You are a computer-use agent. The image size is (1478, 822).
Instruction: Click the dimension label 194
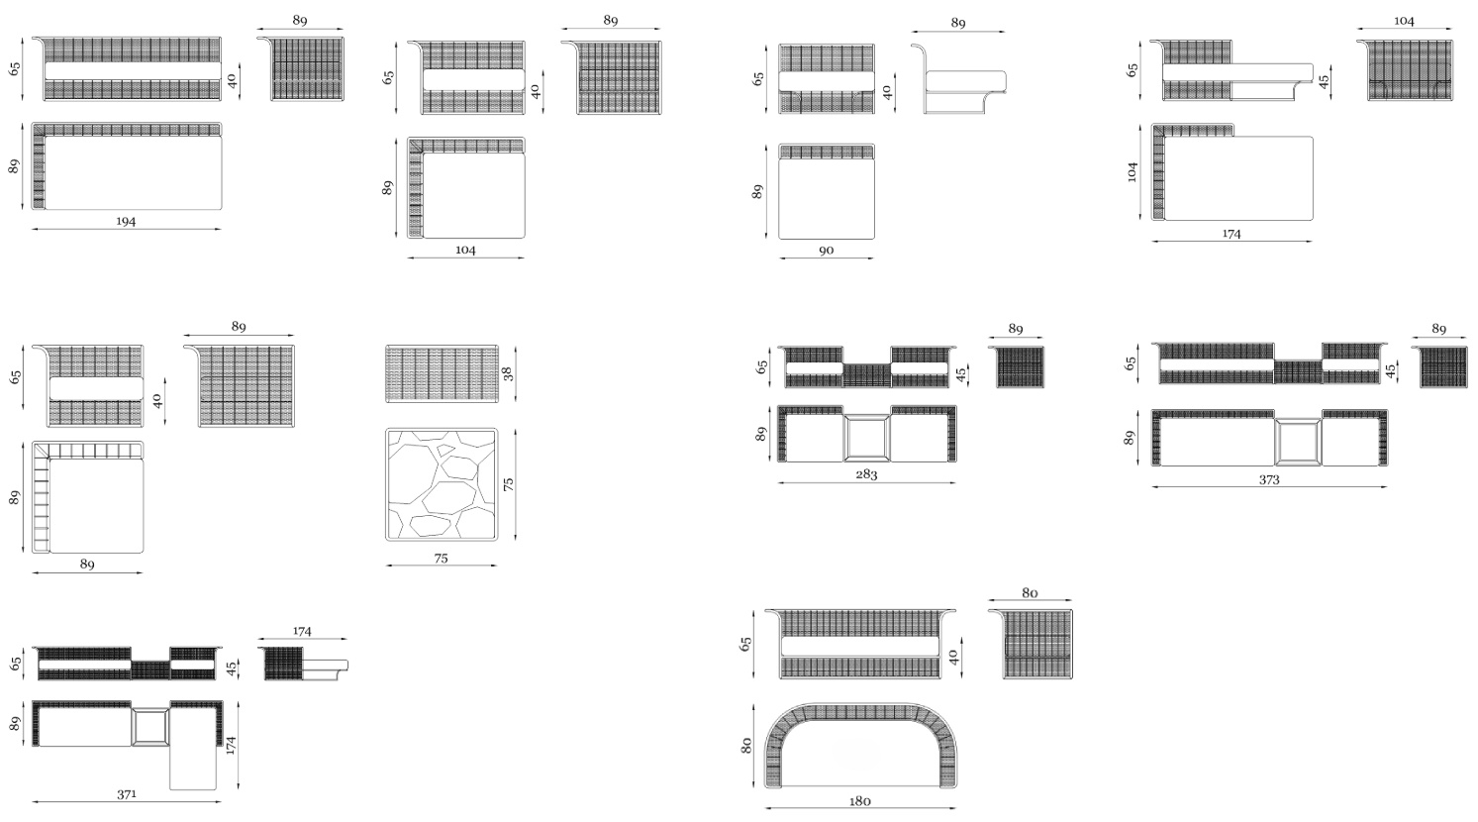click(x=126, y=221)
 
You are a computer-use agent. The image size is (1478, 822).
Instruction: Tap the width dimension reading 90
click(x=826, y=251)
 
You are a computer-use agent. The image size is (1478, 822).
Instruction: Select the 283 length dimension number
click(x=866, y=474)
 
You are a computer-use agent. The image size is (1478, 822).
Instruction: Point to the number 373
click(x=1269, y=479)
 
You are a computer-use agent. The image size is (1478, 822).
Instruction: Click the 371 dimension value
click(x=127, y=794)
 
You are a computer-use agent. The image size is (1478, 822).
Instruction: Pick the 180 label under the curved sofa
click(x=859, y=801)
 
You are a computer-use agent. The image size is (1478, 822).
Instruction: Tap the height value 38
click(x=508, y=373)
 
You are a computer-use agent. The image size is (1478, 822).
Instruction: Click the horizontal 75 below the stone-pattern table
click(x=441, y=559)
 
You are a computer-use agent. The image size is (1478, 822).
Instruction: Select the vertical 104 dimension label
click(x=1133, y=171)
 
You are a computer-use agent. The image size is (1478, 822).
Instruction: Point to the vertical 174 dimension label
click(x=231, y=745)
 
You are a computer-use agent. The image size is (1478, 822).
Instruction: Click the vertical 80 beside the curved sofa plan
click(x=746, y=746)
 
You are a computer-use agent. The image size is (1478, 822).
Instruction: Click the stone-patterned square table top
click(x=442, y=484)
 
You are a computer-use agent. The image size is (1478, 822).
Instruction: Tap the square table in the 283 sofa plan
click(x=866, y=437)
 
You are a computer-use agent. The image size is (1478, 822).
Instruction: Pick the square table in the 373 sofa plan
click(x=1298, y=442)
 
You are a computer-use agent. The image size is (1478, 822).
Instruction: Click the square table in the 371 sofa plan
click(x=150, y=726)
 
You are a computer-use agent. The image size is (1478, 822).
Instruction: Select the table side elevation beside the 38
click(x=442, y=373)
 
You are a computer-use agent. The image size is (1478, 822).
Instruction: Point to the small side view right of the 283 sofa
click(x=1017, y=366)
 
